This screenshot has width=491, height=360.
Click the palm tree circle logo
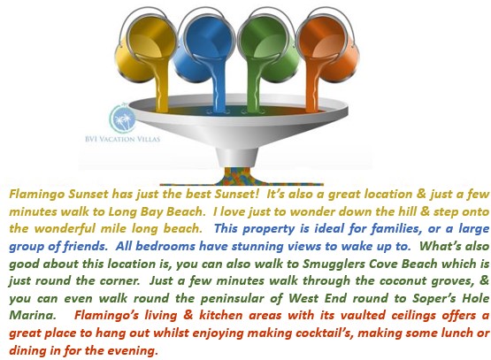[122, 119]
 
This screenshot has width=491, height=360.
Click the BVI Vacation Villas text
[122, 139]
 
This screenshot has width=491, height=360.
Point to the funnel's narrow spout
[237, 157]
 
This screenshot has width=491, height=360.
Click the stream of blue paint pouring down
[218, 86]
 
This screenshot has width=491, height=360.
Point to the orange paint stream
[312, 86]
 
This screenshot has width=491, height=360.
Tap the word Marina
[32, 315]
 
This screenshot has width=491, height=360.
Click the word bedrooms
[165, 246]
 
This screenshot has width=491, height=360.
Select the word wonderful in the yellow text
[65, 229]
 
